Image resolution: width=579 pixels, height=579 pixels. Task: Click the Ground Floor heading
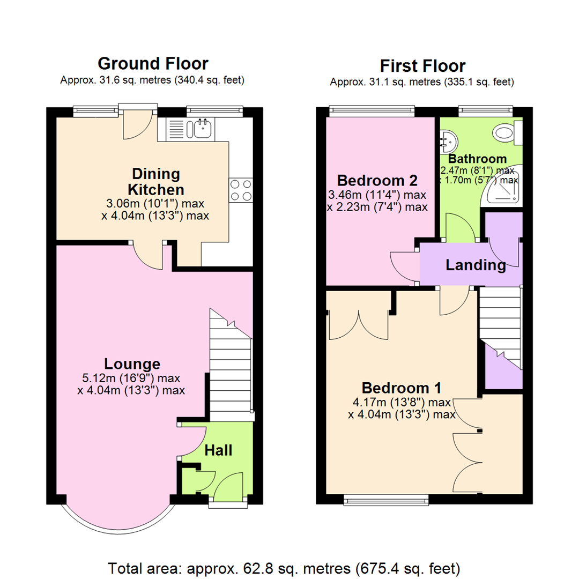point(153,64)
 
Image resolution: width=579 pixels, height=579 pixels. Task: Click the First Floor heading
point(422,66)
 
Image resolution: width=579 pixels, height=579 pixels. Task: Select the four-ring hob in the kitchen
point(241,190)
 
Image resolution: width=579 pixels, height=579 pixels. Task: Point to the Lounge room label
point(132,364)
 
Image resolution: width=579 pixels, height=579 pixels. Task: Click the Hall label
point(219,450)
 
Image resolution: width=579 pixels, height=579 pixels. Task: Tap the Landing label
point(476,265)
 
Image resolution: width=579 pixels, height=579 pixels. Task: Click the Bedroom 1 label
point(402,387)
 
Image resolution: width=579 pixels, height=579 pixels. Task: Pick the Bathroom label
point(477,159)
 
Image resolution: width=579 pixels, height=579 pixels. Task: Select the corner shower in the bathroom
point(504,188)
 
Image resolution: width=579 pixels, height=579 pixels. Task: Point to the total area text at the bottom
point(284,567)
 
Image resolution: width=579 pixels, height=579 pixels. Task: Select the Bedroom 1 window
point(387,501)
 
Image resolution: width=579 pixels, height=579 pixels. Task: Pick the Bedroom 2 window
point(372,112)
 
